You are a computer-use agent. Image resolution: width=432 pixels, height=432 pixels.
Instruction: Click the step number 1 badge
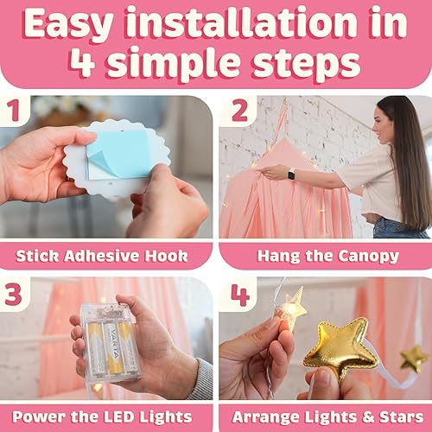15,111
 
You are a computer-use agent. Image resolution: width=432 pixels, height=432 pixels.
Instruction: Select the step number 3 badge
15,294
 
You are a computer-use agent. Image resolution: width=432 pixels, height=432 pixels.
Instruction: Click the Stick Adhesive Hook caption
106,255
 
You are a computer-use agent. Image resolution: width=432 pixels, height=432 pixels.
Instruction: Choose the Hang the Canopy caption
325,255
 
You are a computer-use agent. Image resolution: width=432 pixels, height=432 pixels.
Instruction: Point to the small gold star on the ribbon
414,357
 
